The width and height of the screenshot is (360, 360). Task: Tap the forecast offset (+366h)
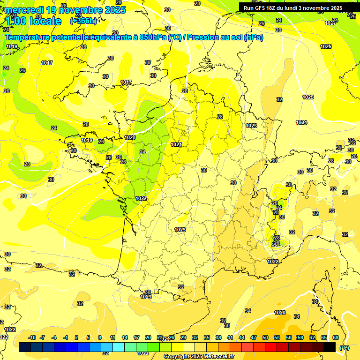[x=83, y=21]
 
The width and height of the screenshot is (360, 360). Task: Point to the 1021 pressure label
[x=176, y=144]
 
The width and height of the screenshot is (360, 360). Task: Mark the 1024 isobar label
[x=301, y=122]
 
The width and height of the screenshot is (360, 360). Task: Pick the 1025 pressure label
[x=308, y=97]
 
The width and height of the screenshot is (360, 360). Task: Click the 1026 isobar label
[x=326, y=46]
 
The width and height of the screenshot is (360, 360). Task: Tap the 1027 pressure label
[x=331, y=23]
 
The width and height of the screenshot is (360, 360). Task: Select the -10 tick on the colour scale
[x=32, y=337]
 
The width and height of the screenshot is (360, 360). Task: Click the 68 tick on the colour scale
[x=336, y=337]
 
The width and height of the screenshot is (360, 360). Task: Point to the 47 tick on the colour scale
[x=254, y=337]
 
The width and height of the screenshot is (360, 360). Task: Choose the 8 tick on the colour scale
[x=100, y=337]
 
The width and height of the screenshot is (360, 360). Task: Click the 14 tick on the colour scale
[x=125, y=337]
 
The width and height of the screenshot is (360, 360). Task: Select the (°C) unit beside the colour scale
[x=345, y=347]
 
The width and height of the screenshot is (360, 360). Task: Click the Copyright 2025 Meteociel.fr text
[x=199, y=356]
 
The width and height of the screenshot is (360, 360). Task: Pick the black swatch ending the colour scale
[x=330, y=347]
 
